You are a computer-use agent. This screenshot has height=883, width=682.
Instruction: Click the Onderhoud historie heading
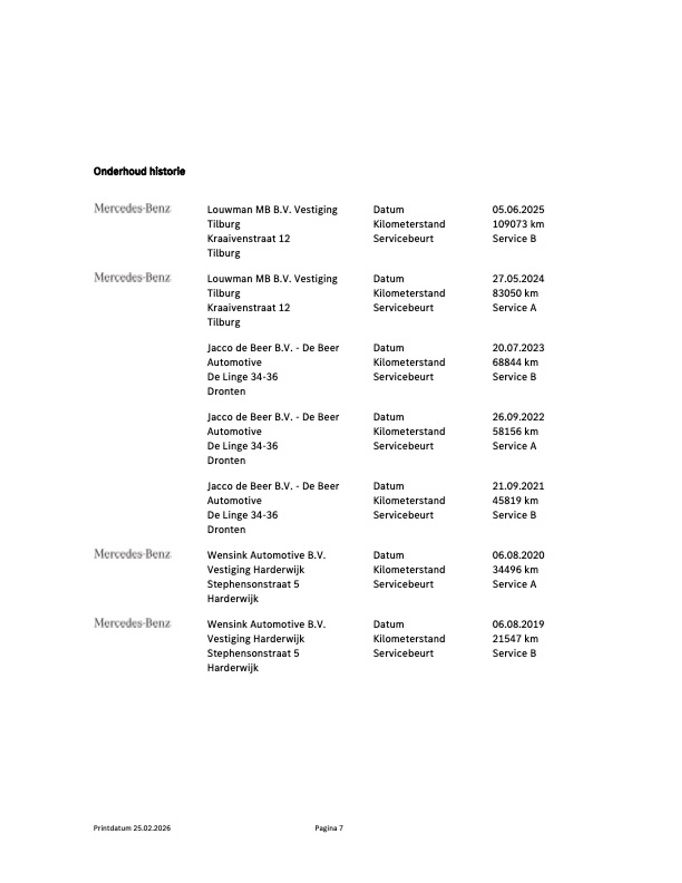[x=139, y=171]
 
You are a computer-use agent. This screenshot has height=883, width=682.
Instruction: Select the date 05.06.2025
[x=518, y=209]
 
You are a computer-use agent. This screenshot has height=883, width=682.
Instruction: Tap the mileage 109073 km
[x=518, y=224]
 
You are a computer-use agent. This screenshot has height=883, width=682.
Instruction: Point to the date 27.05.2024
[x=518, y=279]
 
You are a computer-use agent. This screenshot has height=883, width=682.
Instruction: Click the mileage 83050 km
[x=515, y=293]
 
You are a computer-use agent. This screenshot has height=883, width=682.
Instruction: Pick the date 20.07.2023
[x=518, y=348]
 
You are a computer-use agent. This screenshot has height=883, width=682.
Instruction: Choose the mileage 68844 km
[x=515, y=362]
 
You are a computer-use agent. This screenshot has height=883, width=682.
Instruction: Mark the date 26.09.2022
[x=518, y=417]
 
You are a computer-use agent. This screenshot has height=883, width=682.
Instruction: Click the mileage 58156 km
[x=515, y=431]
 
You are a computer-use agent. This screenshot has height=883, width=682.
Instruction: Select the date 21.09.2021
[x=518, y=486]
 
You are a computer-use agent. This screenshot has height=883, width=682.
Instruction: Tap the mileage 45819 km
[x=515, y=501]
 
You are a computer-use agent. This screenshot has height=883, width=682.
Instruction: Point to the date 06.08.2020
[x=518, y=555]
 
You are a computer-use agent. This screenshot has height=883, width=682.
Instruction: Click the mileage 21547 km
[x=515, y=639]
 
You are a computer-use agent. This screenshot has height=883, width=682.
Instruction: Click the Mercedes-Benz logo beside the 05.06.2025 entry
[x=132, y=208]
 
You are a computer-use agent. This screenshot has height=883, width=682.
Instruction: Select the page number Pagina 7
[x=329, y=828]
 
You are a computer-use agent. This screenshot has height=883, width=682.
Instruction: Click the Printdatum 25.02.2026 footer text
[x=132, y=828]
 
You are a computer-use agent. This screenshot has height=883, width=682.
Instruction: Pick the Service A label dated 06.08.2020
[x=514, y=584]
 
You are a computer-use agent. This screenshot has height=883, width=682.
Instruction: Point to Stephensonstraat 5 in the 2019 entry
[x=253, y=653]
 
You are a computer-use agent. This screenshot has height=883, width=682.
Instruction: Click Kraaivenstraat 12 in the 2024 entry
[x=248, y=308]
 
